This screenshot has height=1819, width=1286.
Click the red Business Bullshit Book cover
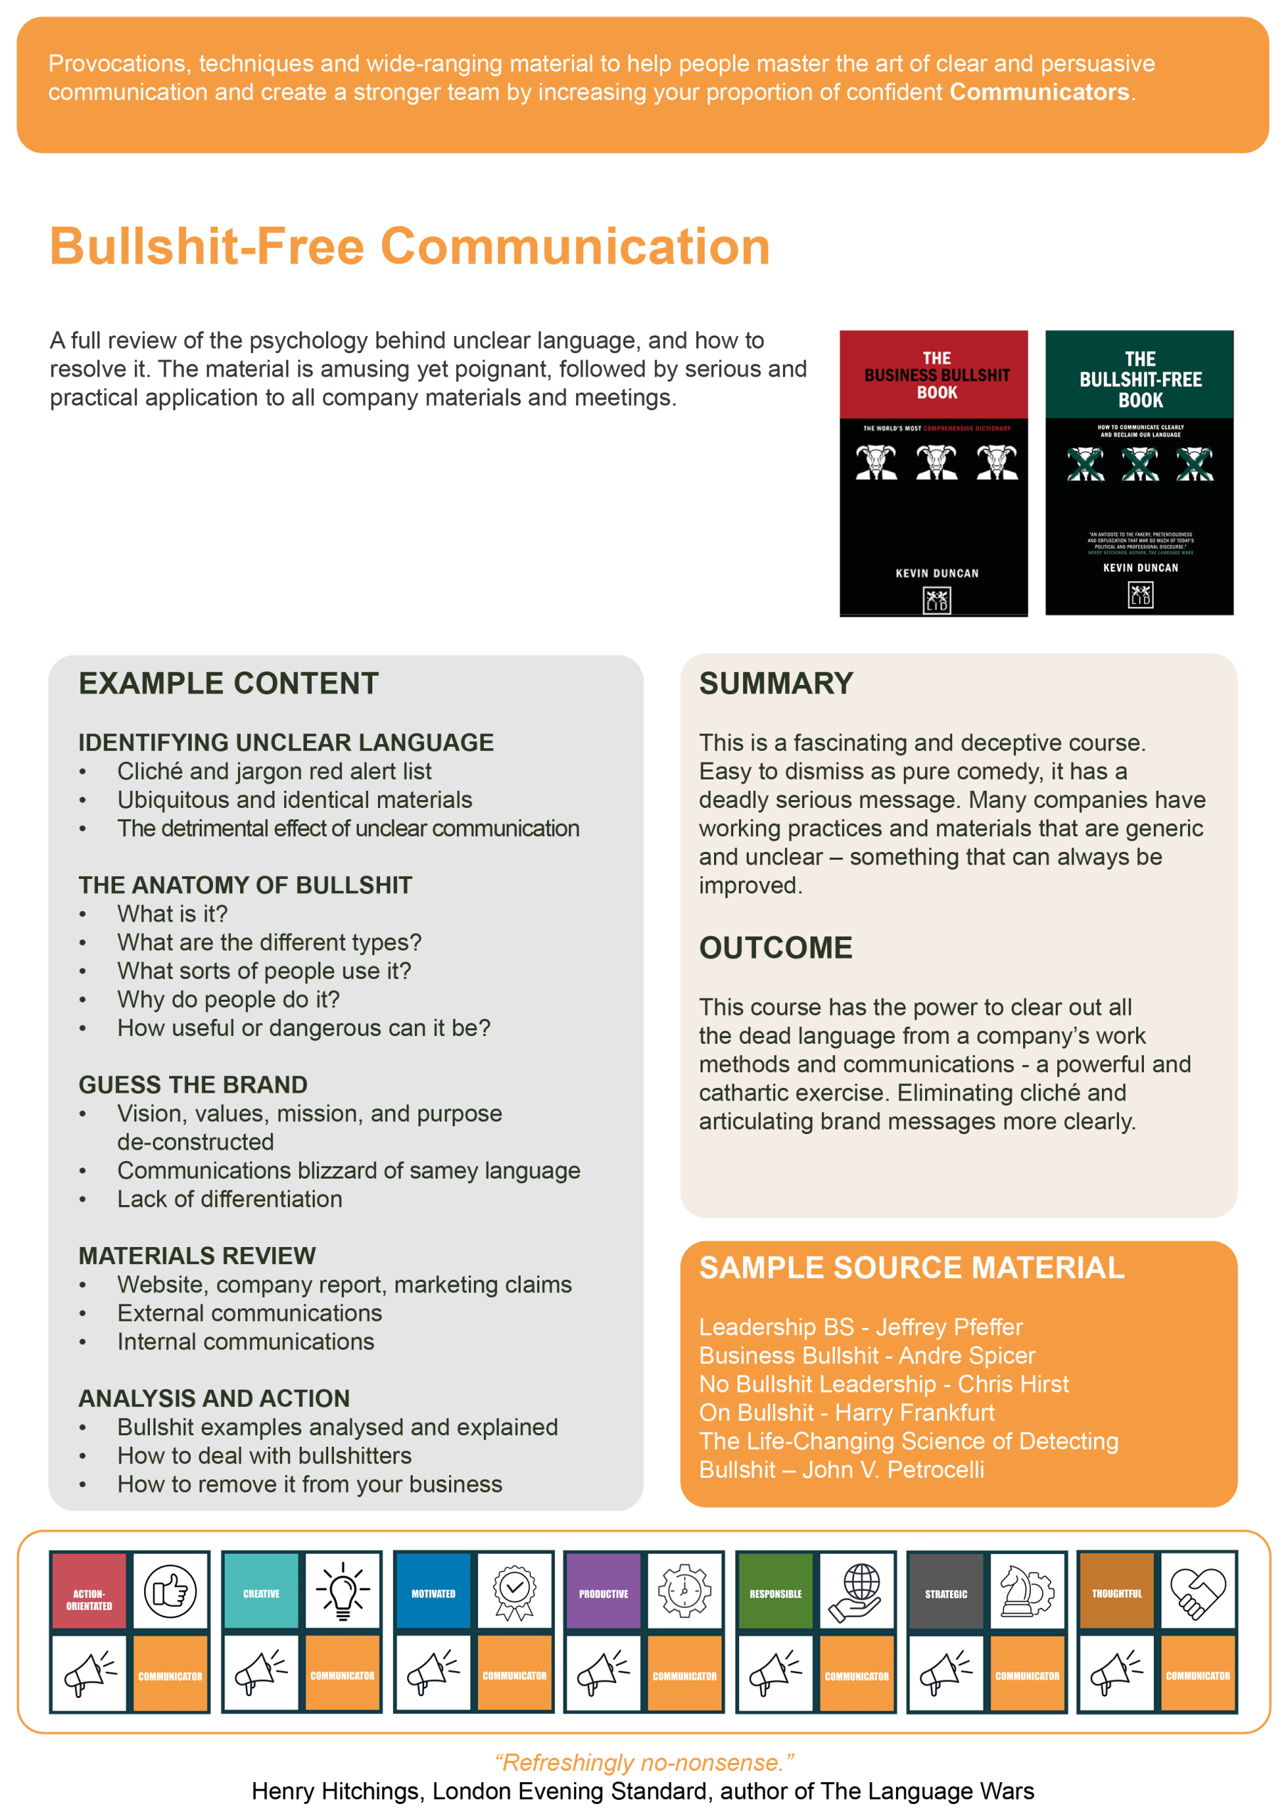point(934,473)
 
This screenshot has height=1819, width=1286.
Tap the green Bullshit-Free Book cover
point(1139,473)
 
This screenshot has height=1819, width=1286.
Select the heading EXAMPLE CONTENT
point(228,684)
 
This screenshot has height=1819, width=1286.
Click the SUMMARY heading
point(776,684)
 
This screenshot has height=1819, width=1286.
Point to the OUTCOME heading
point(775,948)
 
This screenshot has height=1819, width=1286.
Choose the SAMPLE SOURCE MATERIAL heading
point(912,1268)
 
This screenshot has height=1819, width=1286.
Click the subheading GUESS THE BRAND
point(193,1084)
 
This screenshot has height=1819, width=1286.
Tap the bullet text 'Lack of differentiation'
point(229,1199)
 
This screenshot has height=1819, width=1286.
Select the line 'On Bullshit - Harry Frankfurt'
point(846,1413)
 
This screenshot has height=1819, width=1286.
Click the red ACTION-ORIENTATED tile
point(89,1591)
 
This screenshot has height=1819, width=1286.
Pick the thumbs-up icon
point(171,1591)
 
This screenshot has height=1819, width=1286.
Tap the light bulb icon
point(342,1591)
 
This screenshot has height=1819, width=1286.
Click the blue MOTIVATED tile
point(433,1591)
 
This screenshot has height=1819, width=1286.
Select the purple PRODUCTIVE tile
point(603,1591)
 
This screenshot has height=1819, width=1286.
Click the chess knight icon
point(1027,1591)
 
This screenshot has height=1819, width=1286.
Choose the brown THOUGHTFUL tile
point(1116,1591)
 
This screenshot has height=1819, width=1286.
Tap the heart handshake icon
point(1197,1591)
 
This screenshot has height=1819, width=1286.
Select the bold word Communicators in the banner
point(1039,92)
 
